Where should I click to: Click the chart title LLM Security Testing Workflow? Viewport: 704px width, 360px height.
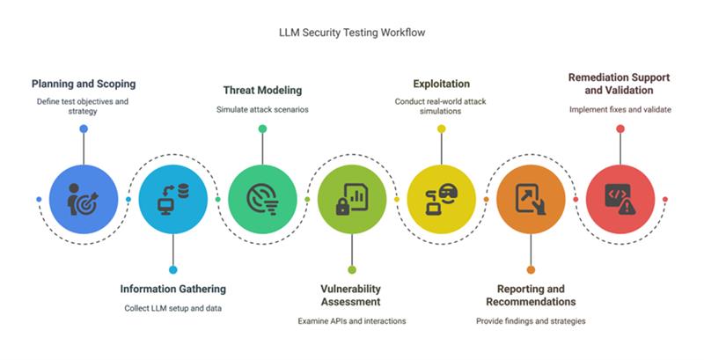click(x=351, y=32)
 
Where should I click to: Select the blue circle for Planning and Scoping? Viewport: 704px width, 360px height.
click(x=84, y=199)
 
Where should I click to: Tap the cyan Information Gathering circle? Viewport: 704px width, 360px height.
click(x=172, y=199)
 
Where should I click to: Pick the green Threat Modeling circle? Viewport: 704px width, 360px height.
click(x=262, y=199)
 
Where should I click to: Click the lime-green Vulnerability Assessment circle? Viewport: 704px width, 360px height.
click(x=352, y=199)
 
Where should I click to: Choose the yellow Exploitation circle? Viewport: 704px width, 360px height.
click(x=441, y=199)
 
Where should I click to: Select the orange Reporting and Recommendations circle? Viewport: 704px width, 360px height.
click(x=531, y=199)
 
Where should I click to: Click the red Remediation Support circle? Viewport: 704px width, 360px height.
click(x=620, y=199)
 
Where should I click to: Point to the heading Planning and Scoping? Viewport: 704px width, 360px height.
click(x=84, y=84)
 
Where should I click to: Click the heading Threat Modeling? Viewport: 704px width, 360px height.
click(x=262, y=90)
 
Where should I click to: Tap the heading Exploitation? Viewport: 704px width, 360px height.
click(x=441, y=84)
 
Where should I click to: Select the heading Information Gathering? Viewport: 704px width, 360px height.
click(x=172, y=289)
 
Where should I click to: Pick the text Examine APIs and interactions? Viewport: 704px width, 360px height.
click(x=352, y=320)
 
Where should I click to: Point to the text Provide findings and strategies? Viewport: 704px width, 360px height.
click(x=531, y=320)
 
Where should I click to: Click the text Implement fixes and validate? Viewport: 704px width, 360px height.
click(x=620, y=109)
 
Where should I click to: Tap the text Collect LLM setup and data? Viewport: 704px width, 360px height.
click(x=172, y=307)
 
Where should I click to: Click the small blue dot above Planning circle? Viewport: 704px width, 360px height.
click(x=84, y=129)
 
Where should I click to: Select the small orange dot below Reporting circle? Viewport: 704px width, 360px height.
click(x=531, y=269)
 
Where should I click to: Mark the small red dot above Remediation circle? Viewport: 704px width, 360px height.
click(x=620, y=129)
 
